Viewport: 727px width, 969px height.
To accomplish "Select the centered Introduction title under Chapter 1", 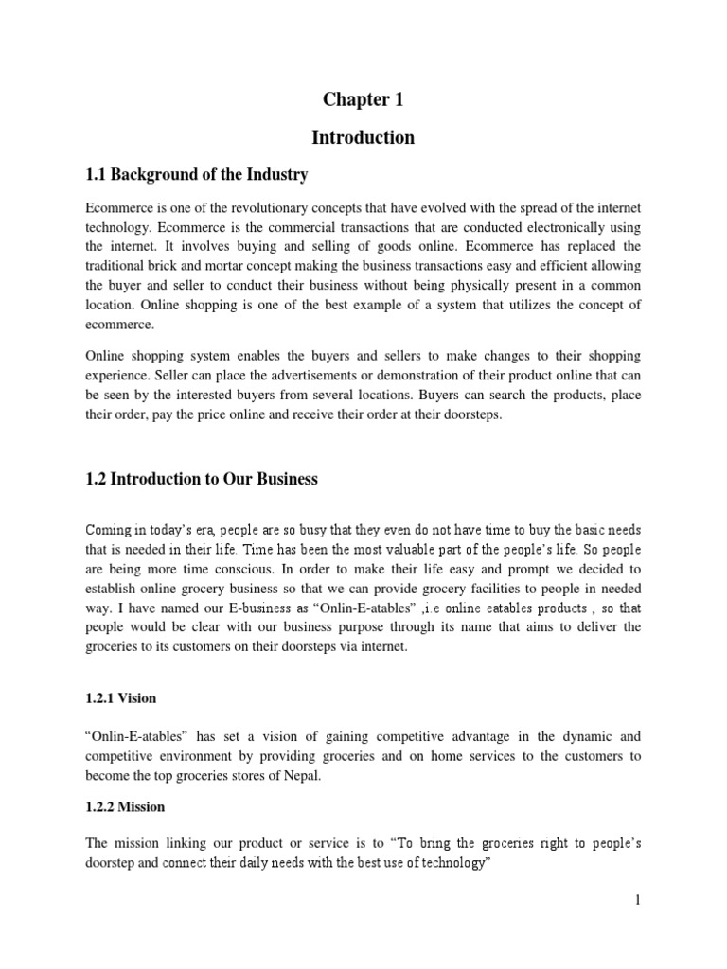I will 363,137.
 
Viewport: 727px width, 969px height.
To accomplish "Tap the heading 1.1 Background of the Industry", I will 197,175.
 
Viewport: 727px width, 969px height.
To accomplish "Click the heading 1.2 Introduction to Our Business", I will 202,479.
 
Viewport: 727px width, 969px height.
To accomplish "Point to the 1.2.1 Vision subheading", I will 121,698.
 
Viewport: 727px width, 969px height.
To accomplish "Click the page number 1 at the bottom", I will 638,926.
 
